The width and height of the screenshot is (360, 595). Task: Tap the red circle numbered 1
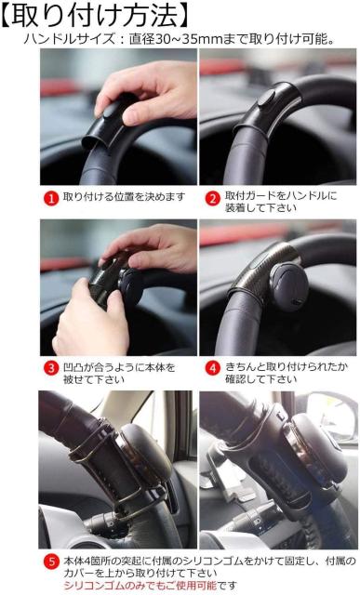52,197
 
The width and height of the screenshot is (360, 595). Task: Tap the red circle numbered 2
212,197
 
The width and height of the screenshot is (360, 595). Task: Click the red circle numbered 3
52,367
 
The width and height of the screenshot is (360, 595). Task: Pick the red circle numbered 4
212,367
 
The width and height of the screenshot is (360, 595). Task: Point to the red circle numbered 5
52,561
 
